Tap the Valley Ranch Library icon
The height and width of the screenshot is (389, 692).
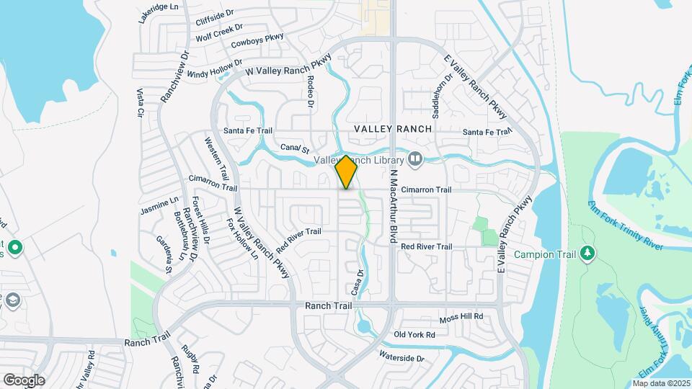[x=414, y=158]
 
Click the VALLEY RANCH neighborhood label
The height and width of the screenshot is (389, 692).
[x=393, y=128]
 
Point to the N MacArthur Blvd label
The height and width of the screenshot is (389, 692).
[x=394, y=206]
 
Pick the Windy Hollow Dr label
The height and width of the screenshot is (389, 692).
[x=215, y=70]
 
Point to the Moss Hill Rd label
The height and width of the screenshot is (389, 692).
[x=461, y=318]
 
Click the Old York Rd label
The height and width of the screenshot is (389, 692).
[x=414, y=335]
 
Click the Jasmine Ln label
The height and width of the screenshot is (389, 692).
[x=159, y=207]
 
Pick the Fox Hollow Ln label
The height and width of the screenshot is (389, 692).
[x=242, y=238]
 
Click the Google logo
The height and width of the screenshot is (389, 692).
[x=23, y=380]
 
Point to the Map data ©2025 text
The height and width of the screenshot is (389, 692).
[x=662, y=383]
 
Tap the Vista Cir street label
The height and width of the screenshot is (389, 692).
[x=139, y=103]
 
